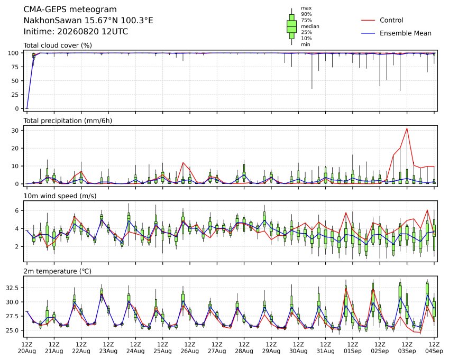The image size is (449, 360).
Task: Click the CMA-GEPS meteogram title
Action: [70, 10]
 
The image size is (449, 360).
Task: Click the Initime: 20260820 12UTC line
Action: [76, 32]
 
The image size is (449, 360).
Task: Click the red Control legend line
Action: [368, 20]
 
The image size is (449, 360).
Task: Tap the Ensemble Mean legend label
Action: [406, 33]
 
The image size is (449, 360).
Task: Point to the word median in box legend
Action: [310, 26]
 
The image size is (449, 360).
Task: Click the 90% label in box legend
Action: [306, 14]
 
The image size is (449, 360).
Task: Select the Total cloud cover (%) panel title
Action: [58, 45]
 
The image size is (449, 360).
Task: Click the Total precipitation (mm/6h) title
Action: [68, 121]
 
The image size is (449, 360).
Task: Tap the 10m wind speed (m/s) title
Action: [60, 196]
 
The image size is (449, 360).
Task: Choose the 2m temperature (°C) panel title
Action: [57, 271]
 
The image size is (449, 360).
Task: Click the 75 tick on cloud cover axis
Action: [15, 67]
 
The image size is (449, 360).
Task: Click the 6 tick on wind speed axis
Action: [17, 210]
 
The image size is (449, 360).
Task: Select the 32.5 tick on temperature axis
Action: [12, 288]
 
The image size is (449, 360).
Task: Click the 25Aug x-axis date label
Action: [163, 351]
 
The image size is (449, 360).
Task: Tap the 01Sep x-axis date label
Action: [353, 351]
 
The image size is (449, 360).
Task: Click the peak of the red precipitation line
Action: [407, 128]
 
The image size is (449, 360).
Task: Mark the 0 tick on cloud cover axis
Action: [17, 109]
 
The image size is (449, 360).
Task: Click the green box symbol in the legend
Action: [292, 26]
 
